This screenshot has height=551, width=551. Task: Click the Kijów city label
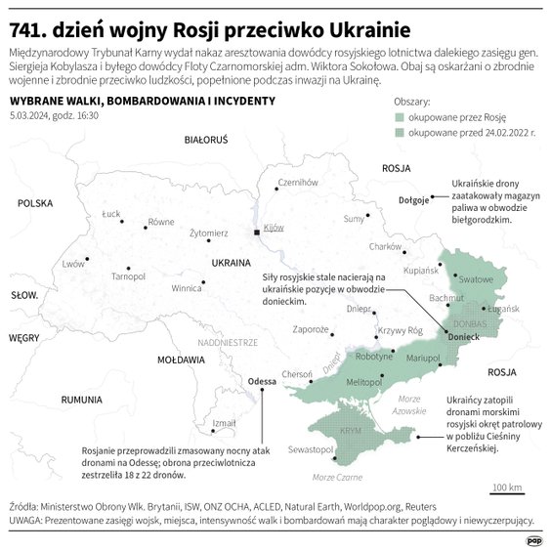(x=274, y=228)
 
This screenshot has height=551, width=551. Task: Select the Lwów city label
(x=73, y=264)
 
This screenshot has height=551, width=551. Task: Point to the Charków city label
(x=386, y=247)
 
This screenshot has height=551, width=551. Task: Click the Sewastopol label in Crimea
(x=312, y=449)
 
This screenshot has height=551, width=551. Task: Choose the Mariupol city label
(x=423, y=359)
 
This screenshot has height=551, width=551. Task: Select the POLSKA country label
(x=33, y=203)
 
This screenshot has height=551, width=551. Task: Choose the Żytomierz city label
(x=208, y=233)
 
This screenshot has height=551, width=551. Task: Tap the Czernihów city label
(x=298, y=182)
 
